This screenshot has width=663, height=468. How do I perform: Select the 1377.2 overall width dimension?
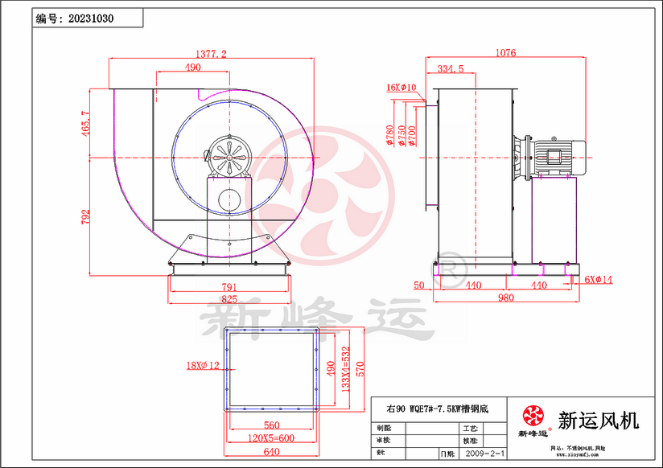tap(212, 53)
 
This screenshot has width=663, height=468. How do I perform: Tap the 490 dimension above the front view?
tap(192, 68)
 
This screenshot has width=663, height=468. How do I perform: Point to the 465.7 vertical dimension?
tap(86, 124)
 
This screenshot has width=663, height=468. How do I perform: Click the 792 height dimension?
tap(86, 217)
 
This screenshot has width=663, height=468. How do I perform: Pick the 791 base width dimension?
tap(229, 286)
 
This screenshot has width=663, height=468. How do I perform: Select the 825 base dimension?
tap(229, 299)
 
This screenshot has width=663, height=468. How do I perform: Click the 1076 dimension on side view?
tap(504, 53)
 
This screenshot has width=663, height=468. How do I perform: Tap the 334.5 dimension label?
tap(450, 69)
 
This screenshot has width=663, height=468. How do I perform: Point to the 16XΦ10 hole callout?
tap(401, 87)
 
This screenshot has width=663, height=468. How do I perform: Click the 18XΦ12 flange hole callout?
tap(202, 367)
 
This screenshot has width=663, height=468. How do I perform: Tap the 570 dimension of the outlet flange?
tap(360, 368)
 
